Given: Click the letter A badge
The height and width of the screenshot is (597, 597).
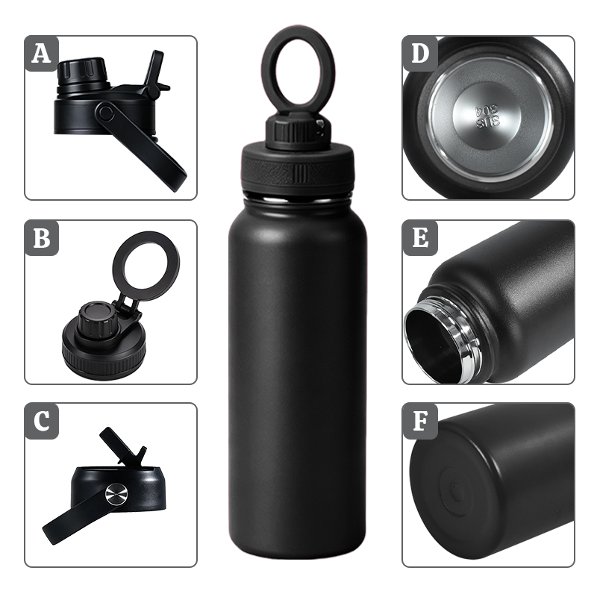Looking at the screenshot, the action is tap(42, 54).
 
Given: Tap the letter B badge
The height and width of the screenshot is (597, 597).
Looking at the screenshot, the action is tap(42, 238).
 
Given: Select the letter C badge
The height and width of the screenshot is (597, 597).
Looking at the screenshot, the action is tap(42, 421).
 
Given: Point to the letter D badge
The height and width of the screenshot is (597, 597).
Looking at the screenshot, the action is tap(420, 54).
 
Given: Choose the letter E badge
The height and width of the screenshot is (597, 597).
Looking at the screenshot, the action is tap(420, 238).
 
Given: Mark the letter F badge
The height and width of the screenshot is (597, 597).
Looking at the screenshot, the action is tap(420, 421).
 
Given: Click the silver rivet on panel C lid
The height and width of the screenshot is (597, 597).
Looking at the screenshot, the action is tap(117, 494).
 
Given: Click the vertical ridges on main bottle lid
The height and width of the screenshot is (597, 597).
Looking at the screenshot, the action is tap(300, 174).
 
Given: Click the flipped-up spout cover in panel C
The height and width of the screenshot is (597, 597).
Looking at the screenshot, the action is tap(122, 446).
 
